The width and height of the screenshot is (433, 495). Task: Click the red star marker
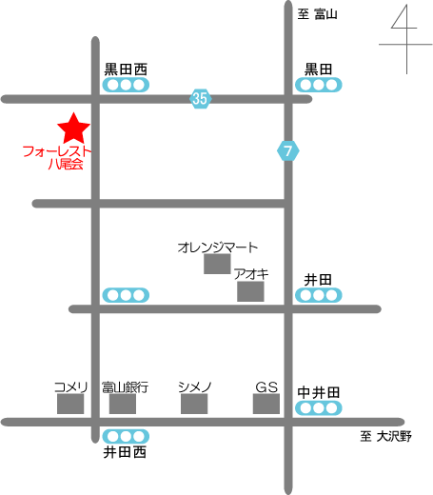73,129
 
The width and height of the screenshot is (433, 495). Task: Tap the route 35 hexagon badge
200,99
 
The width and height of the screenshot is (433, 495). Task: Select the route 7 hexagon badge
287,150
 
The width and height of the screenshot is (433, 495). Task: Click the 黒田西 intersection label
126,69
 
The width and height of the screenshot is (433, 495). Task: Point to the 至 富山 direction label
317,14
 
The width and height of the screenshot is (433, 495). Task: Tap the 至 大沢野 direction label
385,436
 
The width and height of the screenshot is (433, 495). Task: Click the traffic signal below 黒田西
126,85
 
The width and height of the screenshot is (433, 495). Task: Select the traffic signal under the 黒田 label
319,85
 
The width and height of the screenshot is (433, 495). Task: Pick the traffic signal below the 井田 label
319,295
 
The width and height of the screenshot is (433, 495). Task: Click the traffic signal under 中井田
319,408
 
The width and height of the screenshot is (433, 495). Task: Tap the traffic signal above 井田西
126,437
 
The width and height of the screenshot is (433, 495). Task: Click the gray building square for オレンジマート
217,264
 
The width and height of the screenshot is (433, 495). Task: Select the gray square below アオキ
250,291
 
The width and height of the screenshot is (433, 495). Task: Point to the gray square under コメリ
70,404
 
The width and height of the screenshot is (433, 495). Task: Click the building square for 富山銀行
123,404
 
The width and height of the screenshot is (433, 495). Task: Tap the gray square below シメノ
194,404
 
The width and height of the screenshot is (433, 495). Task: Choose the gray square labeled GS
266,404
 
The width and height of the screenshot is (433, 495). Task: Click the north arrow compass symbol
406,40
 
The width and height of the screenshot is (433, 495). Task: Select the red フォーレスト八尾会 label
57,157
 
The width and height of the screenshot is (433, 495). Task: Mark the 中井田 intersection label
319,393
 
